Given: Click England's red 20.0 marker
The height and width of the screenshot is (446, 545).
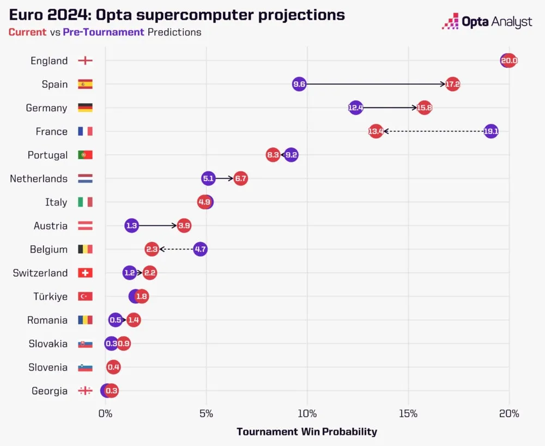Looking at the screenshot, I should click(509, 61).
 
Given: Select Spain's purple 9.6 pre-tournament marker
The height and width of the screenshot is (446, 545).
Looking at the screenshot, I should click(299, 84).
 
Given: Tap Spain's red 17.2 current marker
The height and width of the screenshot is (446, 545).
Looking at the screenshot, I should click(452, 84).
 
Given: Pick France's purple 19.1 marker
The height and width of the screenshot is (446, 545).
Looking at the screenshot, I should click(491, 131).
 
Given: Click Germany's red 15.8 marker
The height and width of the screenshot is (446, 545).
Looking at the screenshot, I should click(424, 108).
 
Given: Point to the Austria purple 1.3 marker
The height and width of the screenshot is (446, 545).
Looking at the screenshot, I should click(131, 226).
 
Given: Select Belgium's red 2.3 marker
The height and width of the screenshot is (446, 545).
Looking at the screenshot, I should click(152, 249).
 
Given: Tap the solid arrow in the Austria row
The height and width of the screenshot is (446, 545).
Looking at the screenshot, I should click(158, 226).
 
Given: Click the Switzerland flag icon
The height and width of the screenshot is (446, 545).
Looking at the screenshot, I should click(85, 273).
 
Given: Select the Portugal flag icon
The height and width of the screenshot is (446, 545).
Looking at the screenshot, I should click(85, 155).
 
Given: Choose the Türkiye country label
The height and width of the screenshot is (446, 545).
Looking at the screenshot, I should click(50, 297).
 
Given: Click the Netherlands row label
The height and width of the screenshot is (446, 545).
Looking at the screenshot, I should click(39, 179).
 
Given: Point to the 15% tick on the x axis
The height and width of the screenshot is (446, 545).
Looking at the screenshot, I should click(408, 414).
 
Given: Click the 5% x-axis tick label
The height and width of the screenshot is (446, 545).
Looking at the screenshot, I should click(206, 414).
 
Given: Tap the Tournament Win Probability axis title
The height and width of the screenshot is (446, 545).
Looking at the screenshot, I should click(307, 432).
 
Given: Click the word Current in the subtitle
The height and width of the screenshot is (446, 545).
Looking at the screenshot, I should click(27, 32).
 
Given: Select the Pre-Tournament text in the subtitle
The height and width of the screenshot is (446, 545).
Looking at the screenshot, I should click(104, 32).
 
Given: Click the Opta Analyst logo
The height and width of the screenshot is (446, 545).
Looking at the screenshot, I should click(487, 22).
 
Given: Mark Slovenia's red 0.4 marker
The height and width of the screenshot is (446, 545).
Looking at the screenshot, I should click(113, 367).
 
